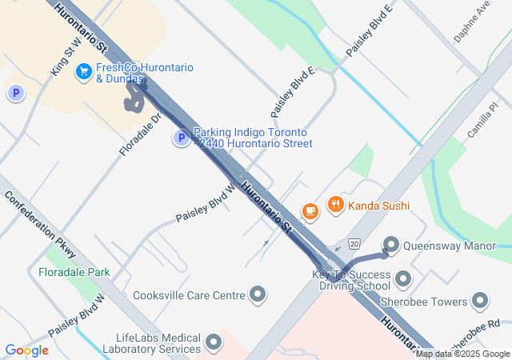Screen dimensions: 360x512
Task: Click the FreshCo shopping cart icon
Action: [83, 73]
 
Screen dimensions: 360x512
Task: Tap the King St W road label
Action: [66, 57]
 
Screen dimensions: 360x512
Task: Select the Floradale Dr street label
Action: [141, 134]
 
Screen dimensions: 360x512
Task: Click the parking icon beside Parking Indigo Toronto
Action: [182, 138]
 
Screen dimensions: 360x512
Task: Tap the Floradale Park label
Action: [74, 272]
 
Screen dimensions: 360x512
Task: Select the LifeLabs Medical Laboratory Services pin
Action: [214, 343]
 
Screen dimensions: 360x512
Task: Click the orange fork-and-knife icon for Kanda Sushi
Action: [335, 206]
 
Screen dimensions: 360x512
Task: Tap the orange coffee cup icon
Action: [310, 211]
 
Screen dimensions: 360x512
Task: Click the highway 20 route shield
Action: [354, 243]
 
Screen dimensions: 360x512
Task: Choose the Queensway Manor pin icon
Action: [391, 245]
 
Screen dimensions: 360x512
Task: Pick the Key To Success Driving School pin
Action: [402, 279]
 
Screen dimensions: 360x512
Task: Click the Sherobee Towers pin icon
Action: [480, 302]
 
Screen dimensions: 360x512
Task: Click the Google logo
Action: [26, 350]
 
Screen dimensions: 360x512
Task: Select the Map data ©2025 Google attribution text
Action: [462, 354]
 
